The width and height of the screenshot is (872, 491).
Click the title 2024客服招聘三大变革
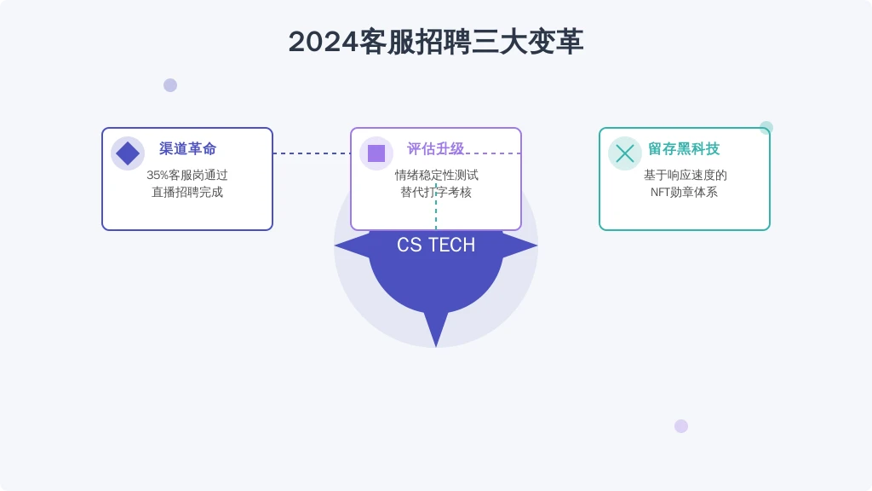(436, 42)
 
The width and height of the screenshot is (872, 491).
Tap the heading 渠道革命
(187, 148)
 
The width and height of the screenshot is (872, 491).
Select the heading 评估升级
(435, 148)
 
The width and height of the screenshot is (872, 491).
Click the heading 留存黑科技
(684, 148)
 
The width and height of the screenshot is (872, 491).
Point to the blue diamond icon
(128, 153)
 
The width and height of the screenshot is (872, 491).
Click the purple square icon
(376, 153)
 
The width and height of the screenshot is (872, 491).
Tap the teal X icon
(625, 153)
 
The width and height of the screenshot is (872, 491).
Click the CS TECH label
(436, 245)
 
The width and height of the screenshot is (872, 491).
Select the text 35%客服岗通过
(187, 176)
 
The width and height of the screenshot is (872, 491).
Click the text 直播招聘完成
(187, 192)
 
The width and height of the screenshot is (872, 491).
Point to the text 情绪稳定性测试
(437, 176)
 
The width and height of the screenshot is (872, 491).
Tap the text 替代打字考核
(436, 192)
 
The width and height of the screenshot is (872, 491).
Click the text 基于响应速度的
(686, 176)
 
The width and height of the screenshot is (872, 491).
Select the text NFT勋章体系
(684, 192)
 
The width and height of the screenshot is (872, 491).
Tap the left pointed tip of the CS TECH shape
(335, 245)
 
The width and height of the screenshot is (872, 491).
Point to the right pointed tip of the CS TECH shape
(537, 245)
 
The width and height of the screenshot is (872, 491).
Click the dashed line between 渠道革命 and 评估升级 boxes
(312, 153)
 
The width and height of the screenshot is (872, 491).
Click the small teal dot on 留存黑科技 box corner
(766, 128)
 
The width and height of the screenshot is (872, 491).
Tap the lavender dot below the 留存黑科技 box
(681, 426)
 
